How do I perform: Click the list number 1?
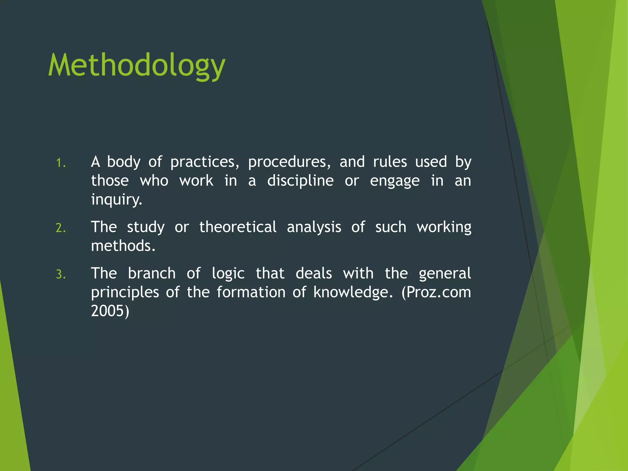pos(61,163)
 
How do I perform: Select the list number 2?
pos(61,228)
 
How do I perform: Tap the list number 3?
pos(61,274)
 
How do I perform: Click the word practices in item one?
pos(205,162)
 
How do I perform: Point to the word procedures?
pos(289,162)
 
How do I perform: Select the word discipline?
pos(300,181)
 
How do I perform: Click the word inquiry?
pos(116,200)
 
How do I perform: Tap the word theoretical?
pos(238,227)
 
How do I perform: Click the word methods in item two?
pos(123,246)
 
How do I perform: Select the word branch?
pos(151,273)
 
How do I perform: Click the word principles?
pos(125,293)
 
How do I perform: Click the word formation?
pos(251,292)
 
